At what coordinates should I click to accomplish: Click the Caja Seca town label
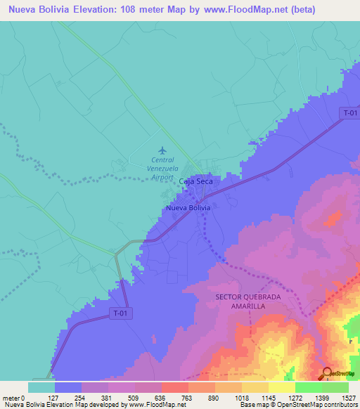(x=195, y=181)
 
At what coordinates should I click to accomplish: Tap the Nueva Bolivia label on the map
(x=188, y=209)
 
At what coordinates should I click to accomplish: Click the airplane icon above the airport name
(x=163, y=150)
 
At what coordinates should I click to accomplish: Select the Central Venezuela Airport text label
(x=160, y=169)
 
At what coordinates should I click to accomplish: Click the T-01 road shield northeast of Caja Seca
(x=349, y=112)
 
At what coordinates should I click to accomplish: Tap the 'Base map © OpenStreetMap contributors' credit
(x=297, y=405)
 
